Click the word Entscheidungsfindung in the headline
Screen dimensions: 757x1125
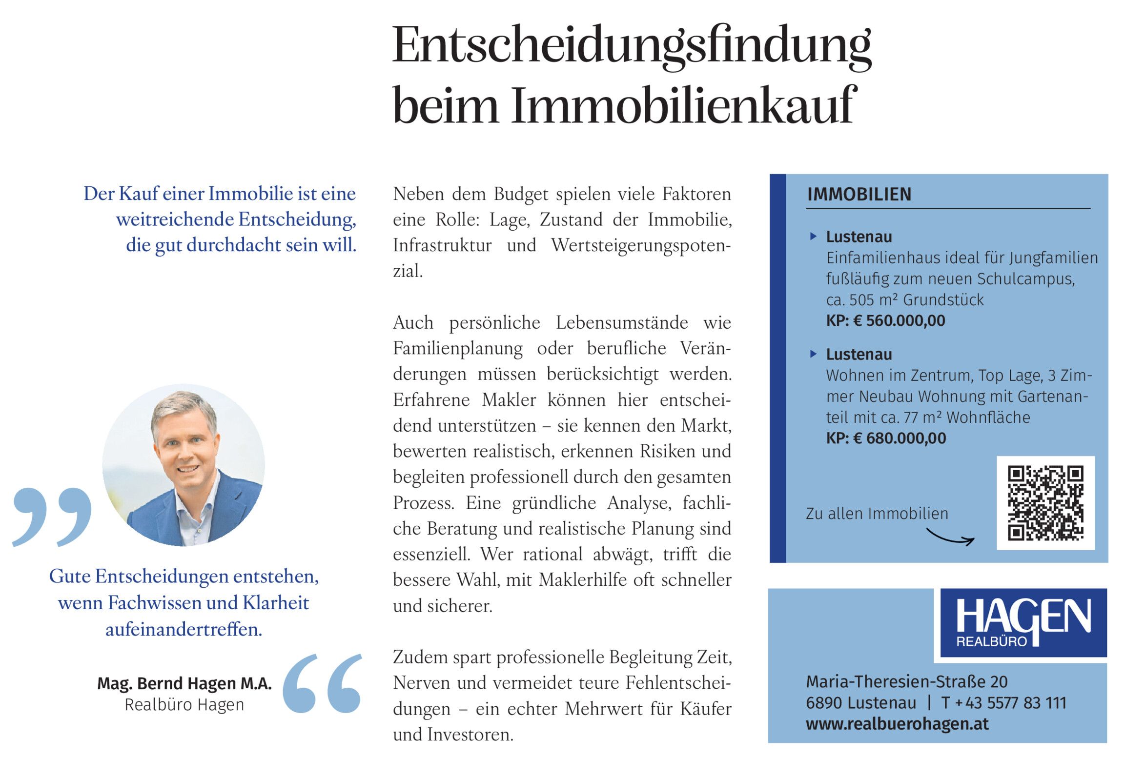coord(632,46)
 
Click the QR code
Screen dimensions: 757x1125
coord(1045,503)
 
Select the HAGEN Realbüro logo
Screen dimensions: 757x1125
coord(1023,623)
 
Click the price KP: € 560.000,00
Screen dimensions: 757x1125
coord(885,321)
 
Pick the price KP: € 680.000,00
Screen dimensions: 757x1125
coord(886,438)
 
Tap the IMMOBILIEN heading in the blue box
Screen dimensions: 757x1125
coord(859,194)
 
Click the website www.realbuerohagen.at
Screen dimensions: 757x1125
coord(897,724)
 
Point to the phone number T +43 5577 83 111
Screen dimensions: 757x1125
coord(1003,703)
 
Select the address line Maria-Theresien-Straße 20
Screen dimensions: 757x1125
coord(906,681)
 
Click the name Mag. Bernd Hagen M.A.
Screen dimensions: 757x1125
coord(184,683)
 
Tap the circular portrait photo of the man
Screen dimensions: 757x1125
coord(184,465)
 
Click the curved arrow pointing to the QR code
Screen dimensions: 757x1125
coord(950,537)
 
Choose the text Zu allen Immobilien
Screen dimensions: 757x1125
coord(877,514)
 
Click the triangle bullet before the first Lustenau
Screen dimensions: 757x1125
coord(813,237)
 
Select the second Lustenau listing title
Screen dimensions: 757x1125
coord(859,355)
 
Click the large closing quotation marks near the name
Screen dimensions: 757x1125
coord(323,683)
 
